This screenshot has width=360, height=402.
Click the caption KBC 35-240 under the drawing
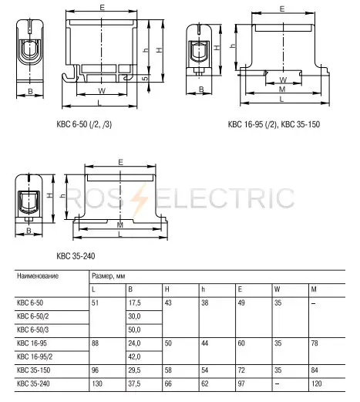pos(76,256)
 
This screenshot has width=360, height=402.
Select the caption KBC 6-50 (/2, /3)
pos(84,124)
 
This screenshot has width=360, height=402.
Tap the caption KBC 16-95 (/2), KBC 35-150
pos(274,124)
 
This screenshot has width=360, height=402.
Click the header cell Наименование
pos(38,276)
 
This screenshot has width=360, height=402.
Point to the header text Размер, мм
pos(109,276)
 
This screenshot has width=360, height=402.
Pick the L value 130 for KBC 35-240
pos(97,383)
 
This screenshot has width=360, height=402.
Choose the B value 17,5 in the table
pos(134,302)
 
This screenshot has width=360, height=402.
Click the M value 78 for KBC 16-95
pos(315,343)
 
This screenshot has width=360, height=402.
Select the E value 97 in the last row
pos(241,383)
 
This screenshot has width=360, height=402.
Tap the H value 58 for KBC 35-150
pos(168,370)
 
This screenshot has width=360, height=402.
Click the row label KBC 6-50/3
pos(32,329)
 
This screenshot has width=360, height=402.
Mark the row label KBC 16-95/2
pos(35,356)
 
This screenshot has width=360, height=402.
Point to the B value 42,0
pos(134,356)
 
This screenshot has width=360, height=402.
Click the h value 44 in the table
pos(204,343)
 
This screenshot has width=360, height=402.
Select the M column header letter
pos(314,289)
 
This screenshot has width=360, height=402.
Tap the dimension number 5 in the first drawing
pos(146,77)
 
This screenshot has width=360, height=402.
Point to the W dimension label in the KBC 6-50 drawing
pos(102,90)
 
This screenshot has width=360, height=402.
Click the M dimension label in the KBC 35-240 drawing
pos(120,225)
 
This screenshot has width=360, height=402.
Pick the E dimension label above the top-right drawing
pos(282,9)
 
